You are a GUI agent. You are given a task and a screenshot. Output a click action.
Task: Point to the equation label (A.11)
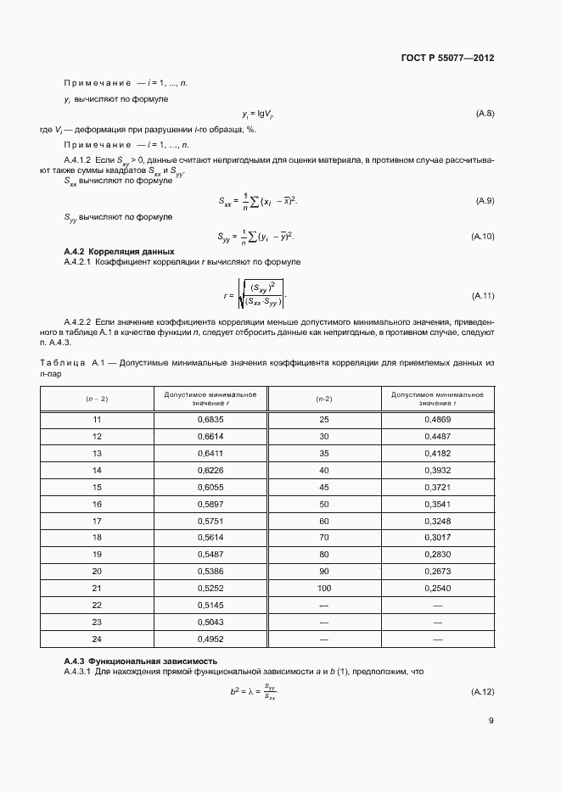point(482,296)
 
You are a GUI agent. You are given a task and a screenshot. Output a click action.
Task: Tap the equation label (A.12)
point(482,693)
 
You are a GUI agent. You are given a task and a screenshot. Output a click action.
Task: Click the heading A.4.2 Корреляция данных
point(119,252)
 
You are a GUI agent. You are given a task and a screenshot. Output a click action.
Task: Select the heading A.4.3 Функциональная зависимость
point(141,661)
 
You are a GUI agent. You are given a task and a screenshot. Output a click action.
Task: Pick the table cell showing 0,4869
point(437,420)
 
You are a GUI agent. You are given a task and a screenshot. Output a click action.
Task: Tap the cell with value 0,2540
point(437,587)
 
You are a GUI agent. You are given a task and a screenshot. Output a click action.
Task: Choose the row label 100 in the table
point(323,587)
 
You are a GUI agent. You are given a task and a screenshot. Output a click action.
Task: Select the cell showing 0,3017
point(437,538)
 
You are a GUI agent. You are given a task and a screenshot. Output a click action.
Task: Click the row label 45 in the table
point(323,488)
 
